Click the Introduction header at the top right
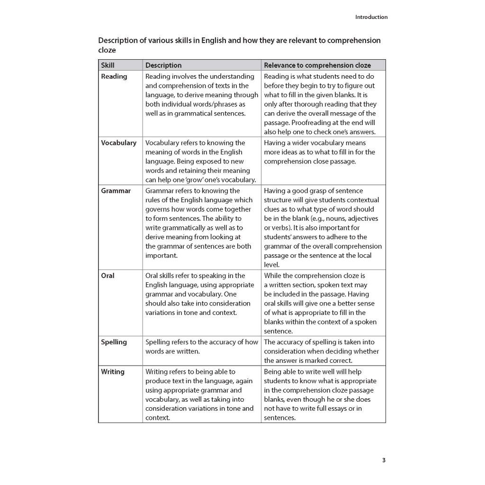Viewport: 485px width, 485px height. pos(371,17)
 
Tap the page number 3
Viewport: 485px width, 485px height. pos(384,460)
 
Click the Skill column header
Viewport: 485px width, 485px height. pos(108,65)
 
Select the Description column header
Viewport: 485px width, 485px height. pos(163,65)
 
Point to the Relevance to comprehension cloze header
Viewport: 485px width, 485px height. pos(317,65)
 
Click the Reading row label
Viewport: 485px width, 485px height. pos(114,76)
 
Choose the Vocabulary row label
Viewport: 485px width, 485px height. pos(118,143)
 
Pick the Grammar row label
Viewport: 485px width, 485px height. pos(116,191)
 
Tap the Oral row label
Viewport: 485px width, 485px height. pos(108,276)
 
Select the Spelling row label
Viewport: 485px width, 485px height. pos(114,342)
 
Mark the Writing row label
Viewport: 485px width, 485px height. pos(113,372)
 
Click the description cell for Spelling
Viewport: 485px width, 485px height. pos(202,347)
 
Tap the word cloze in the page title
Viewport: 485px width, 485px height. pos(107,50)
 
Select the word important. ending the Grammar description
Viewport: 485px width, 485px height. pos(162,255)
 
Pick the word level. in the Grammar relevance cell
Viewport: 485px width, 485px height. pos(272,265)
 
